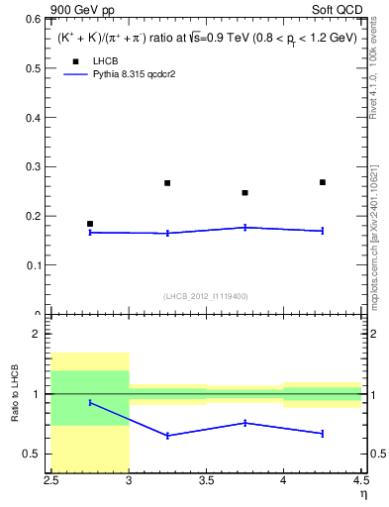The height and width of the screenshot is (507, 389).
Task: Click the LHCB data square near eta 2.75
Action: tap(90, 224)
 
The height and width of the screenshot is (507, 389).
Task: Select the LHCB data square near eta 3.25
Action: tap(167, 183)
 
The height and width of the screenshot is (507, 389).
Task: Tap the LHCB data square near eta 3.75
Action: tap(244, 193)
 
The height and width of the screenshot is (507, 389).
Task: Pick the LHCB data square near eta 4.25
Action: tap(323, 182)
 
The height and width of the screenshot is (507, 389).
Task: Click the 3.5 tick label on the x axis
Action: tap(206, 482)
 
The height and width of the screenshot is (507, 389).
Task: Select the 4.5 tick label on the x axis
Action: tap(359, 482)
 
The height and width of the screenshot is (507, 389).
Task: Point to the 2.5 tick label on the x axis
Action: tap(51, 482)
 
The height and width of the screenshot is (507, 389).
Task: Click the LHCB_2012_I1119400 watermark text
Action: tap(206, 296)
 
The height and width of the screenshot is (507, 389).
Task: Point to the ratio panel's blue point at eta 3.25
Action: tap(167, 436)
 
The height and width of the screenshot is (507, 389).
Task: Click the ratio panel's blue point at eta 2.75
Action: tap(90, 402)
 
